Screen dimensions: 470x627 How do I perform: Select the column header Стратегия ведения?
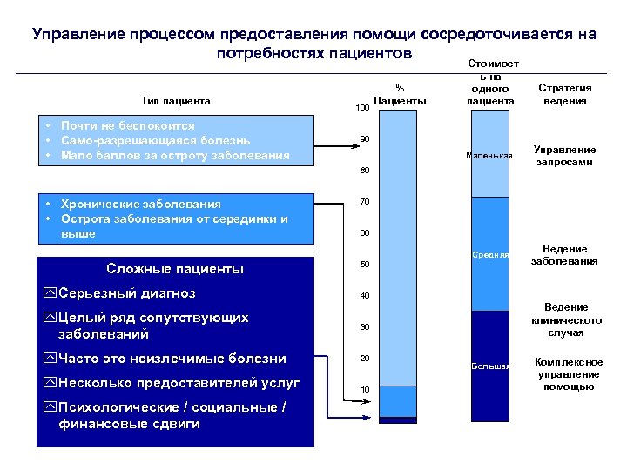[564, 94]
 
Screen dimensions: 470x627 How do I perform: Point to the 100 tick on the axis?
[363, 108]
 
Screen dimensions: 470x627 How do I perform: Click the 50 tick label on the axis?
[365, 264]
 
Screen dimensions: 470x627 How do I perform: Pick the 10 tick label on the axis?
[365, 388]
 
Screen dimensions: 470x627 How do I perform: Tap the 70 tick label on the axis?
[365, 202]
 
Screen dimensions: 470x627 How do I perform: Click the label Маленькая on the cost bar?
[489, 156]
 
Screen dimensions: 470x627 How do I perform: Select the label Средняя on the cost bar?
[490, 255]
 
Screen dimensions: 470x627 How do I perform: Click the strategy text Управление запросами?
[564, 156]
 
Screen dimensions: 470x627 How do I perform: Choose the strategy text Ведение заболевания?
[564, 255]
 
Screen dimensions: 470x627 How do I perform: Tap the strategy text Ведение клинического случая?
[566, 319]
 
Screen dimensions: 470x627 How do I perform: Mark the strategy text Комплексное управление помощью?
[569, 374]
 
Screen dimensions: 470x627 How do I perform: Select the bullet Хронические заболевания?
[139, 204]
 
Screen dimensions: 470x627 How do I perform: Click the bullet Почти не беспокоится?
[127, 126]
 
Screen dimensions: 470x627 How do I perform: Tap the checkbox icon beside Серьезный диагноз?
[50, 293]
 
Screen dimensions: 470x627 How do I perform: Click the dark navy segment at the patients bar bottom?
[398, 420]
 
